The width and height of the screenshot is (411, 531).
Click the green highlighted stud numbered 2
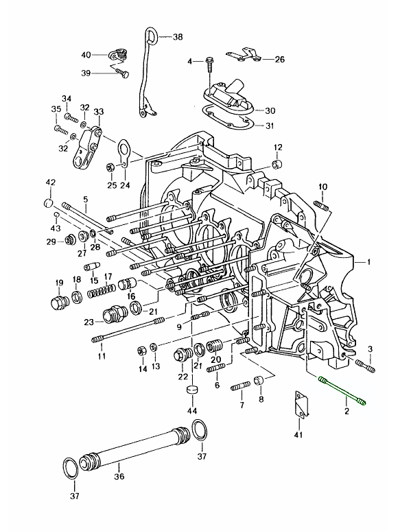pyautogui.click(x=342, y=390)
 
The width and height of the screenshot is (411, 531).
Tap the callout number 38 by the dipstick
pyautogui.click(x=178, y=36)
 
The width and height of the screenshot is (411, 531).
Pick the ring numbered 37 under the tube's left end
pyautogui.click(x=71, y=469)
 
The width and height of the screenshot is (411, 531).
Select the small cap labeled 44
pyautogui.click(x=192, y=390)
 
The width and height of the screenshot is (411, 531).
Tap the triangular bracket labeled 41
pyautogui.click(x=301, y=404)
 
